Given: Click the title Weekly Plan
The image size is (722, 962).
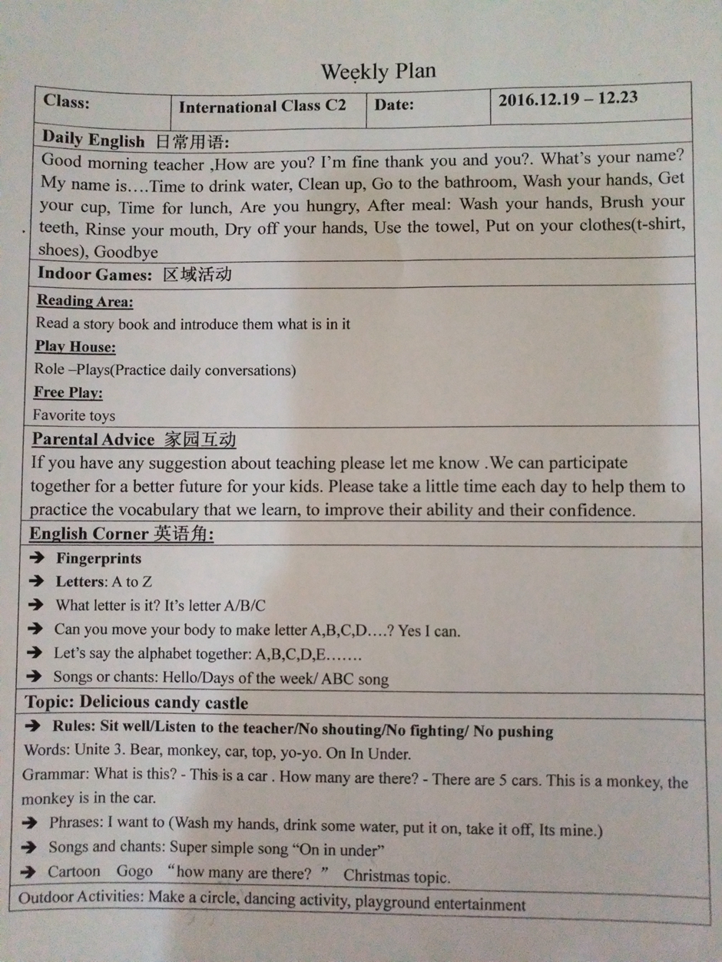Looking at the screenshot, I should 378,72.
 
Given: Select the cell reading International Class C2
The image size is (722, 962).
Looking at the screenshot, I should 262,107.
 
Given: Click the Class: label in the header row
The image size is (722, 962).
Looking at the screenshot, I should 67,101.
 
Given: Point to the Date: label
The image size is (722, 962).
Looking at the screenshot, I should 394,104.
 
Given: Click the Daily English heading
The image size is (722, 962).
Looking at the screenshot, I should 93,140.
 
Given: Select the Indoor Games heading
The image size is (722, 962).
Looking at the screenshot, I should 94,274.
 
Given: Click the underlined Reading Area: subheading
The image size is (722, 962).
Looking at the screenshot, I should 84,301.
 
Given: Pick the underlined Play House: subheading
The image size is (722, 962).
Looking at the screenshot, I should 75,347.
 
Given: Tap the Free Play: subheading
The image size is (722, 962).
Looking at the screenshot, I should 68,392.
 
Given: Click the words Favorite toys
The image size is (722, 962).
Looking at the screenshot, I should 74,416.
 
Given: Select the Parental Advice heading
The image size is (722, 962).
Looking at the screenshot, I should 93,440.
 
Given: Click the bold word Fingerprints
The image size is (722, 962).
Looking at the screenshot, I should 98,558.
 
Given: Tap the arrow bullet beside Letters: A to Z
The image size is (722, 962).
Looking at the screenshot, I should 35,582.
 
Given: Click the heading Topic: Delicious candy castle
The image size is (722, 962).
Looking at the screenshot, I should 136,702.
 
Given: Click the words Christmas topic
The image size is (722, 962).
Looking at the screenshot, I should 396,876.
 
